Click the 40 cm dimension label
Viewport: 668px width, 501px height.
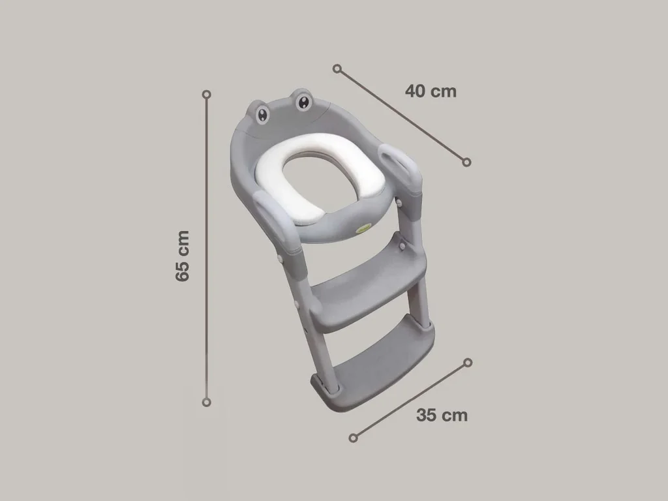[431, 91]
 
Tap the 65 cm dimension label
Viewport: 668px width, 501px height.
[183, 256]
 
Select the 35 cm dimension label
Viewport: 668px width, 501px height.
[442, 415]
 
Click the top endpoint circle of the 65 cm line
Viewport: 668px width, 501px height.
[207, 94]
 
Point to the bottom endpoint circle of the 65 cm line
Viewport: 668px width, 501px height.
[207, 402]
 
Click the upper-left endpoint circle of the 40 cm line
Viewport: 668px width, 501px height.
[337, 68]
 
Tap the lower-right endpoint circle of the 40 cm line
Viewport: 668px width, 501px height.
[466, 162]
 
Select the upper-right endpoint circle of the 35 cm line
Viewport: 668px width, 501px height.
[468, 363]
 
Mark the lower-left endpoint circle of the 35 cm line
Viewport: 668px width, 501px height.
[353, 438]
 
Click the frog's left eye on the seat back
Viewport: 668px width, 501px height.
[262, 115]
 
